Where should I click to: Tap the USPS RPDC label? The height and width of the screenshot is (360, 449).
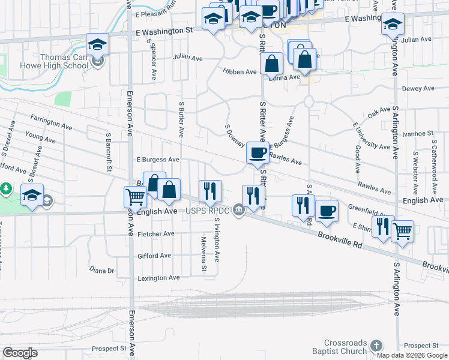pos(208,210)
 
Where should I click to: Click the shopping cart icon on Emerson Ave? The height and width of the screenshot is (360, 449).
pos(135,196)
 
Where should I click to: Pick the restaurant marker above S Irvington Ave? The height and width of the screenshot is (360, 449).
pos(210,191)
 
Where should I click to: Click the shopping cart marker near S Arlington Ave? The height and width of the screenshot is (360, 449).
pos(402,230)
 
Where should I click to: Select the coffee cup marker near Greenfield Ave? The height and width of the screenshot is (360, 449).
pos(327,211)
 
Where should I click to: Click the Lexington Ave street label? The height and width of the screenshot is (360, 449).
pos(158,278)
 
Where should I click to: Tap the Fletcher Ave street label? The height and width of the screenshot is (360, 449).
pos(155,234)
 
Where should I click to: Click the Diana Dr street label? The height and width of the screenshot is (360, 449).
pos(101,271)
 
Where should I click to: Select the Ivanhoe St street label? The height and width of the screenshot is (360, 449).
pos(418,133)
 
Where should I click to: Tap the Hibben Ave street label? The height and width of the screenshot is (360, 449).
pos(240,71)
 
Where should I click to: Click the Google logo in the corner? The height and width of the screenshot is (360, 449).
pos(20,353)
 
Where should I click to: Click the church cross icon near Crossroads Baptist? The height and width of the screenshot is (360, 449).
pos(376,346)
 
